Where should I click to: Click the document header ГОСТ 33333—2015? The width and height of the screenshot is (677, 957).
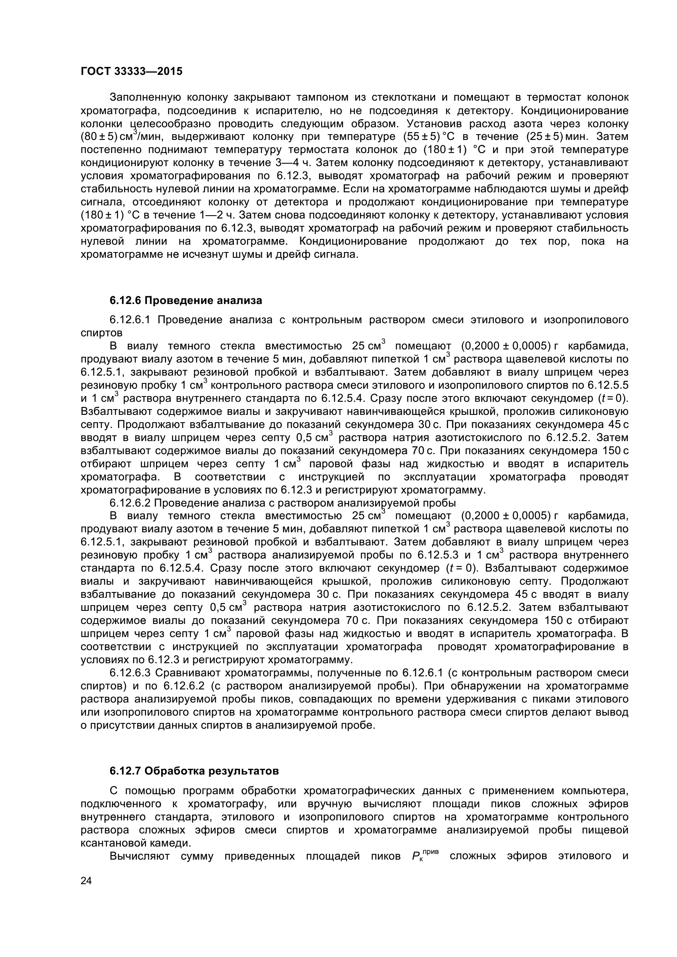tap(131, 72)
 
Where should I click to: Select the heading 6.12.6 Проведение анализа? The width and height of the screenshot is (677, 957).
tap(186, 301)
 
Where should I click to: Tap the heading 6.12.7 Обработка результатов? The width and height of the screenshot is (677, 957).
tap(195, 771)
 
